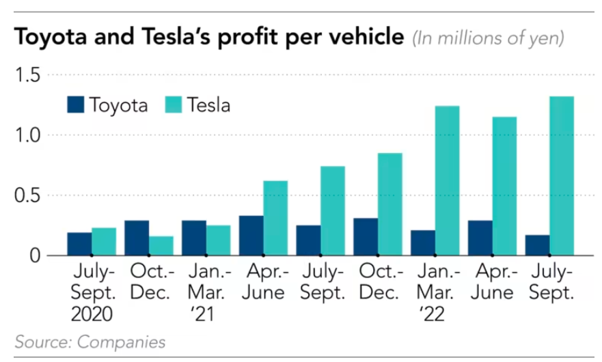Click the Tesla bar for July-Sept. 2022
coord(561,176)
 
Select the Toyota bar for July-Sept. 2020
coord(79,244)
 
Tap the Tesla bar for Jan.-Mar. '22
coord(447,181)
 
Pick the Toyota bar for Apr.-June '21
coord(251,236)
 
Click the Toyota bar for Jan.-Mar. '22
coord(423,242)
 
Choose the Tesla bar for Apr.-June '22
coord(504,186)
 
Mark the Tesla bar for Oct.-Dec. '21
coord(389,204)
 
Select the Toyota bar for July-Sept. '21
coord(308,240)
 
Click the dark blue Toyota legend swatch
coord(74,105)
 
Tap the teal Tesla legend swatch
coord(174,105)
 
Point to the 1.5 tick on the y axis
coord(28,74)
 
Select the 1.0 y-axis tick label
coord(28,135)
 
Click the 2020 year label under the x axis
coord(92,315)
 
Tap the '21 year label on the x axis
coord(202,315)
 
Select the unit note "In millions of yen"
coord(488,38)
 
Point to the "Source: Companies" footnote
coord(90,342)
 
